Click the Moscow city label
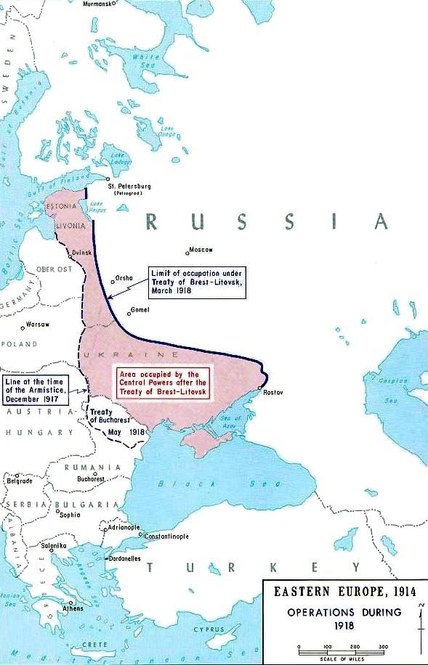tap(202, 250)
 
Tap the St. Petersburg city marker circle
tap(108, 179)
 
